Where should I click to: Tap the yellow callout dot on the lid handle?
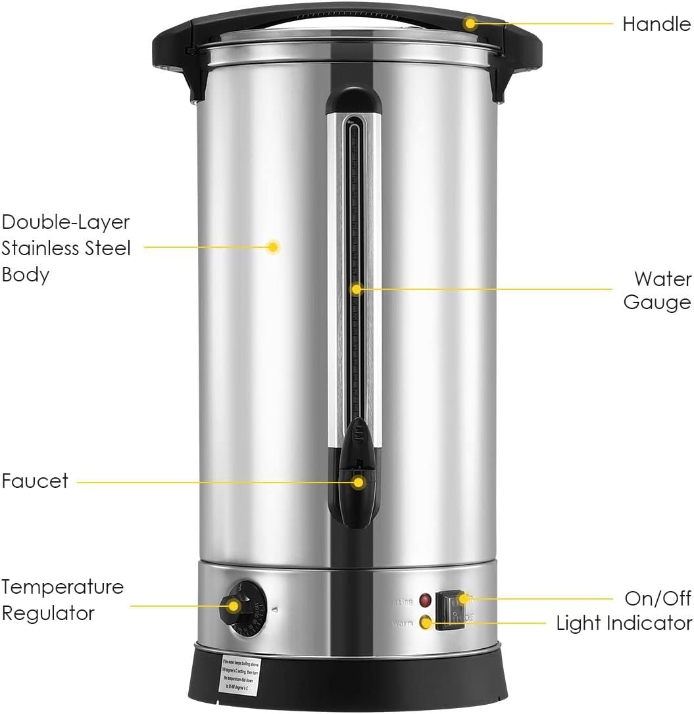[x=470, y=24]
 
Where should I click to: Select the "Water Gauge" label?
[x=657, y=290]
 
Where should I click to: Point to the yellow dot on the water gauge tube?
[x=356, y=289]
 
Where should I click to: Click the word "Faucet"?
[x=35, y=481]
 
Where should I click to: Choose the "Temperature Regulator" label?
[x=62, y=600]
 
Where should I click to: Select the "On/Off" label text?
[x=658, y=598]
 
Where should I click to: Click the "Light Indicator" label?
[x=624, y=623]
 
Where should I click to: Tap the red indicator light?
[x=426, y=600]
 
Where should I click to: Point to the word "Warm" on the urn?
[x=403, y=622]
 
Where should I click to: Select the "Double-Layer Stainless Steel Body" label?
[x=66, y=248]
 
